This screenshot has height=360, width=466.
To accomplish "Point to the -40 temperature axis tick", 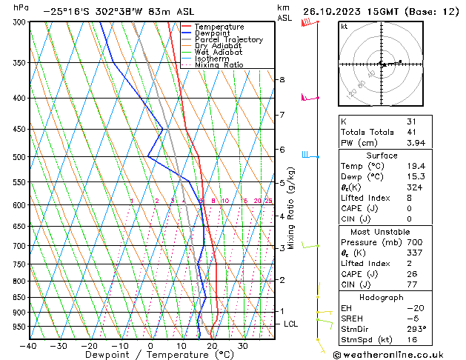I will point(29,346).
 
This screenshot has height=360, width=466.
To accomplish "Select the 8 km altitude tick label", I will point(282,79).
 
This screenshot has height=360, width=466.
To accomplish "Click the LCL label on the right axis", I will point(291,324).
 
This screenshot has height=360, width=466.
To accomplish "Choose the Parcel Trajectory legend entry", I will point(228,39).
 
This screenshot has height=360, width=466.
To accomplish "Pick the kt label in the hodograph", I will point(344,26).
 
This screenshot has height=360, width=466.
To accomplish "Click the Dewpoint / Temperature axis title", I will point(151,355).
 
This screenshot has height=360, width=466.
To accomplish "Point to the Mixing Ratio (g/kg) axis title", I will point(292,207).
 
